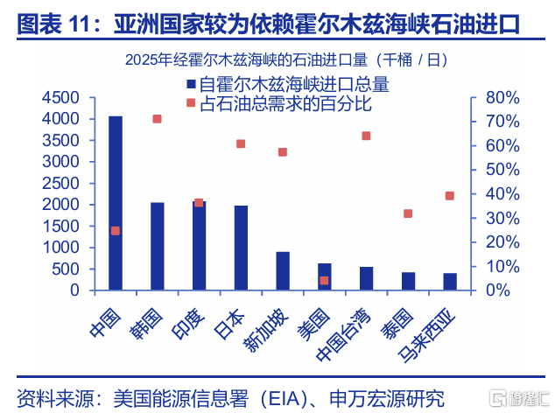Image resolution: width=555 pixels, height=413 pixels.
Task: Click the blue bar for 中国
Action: tap(116, 202)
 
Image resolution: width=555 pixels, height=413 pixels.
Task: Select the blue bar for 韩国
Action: tap(158, 246)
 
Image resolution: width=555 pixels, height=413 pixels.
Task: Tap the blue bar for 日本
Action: tap(241, 248)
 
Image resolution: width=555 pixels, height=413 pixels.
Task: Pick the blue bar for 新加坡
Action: tap(283, 270)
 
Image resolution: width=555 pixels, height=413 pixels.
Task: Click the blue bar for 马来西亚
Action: tap(450, 281)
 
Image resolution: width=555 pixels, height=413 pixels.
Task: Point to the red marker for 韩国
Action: tap(158, 119)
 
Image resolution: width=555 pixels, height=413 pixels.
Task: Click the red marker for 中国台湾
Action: tap(366, 136)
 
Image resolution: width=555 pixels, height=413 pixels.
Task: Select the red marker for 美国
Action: tap(324, 281)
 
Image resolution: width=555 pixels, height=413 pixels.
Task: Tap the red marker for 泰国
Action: tap(408, 213)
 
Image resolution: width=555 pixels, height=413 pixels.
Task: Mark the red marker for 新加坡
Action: tap(283, 152)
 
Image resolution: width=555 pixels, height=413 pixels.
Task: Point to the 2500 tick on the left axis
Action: tap(60, 183)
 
